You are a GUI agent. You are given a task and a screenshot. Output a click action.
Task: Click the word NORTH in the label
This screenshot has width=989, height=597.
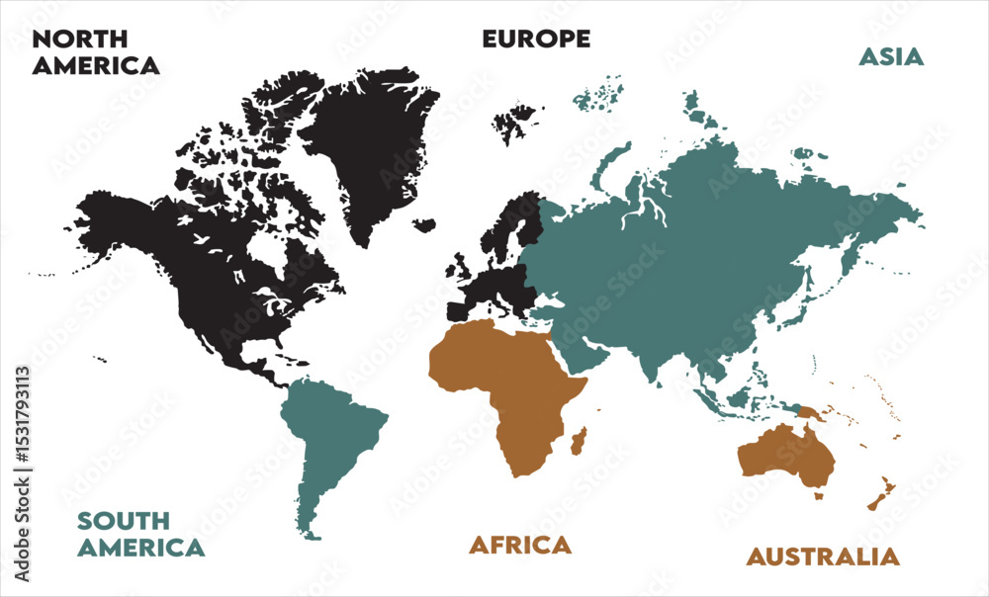click(80, 41)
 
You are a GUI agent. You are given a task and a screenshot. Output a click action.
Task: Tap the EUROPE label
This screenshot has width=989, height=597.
click(536, 40)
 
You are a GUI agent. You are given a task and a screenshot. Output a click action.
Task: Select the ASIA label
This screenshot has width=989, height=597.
click(890, 56)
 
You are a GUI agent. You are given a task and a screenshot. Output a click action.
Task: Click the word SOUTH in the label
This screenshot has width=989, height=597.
click(124, 521)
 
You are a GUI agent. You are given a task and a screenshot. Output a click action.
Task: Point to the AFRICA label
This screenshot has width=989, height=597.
click(520, 545)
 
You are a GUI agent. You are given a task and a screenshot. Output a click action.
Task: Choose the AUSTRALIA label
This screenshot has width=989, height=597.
click(823, 556)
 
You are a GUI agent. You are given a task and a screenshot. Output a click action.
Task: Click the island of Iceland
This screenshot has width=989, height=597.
click(424, 225)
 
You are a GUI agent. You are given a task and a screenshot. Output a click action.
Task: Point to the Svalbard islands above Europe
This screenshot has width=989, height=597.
click(516, 124)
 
